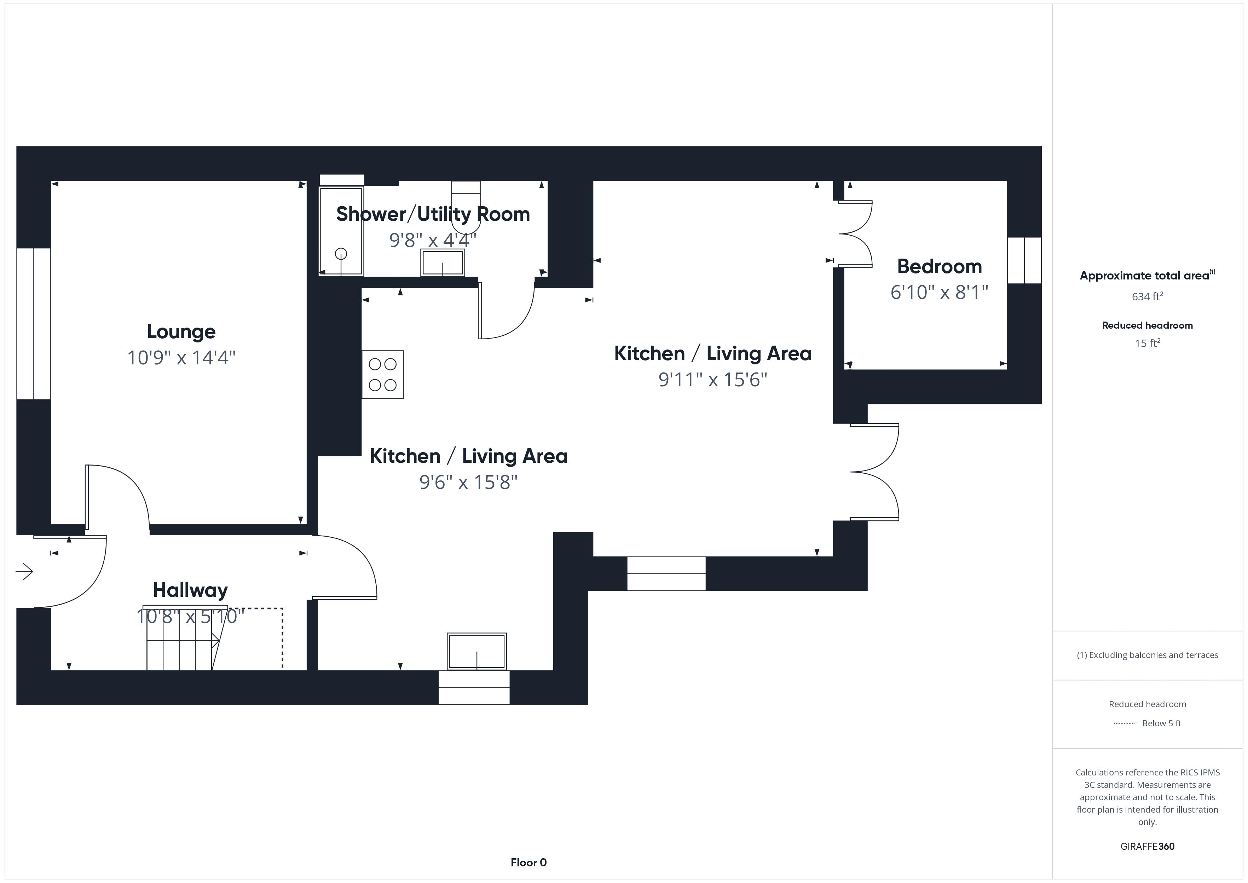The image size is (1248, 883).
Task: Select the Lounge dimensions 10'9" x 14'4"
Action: pyautogui.click(x=181, y=358)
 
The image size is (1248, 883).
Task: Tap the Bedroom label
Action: pyautogui.click(x=939, y=266)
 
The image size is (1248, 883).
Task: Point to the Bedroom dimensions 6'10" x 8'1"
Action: pyautogui.click(x=939, y=293)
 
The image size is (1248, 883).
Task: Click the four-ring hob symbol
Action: pyautogui.click(x=383, y=375)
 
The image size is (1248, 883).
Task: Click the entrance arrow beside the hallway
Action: pyautogui.click(x=24, y=571)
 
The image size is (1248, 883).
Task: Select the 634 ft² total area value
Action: pyautogui.click(x=1147, y=296)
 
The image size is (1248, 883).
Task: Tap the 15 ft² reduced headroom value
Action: pyautogui.click(x=1147, y=343)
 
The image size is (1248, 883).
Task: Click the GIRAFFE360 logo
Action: pyautogui.click(x=1147, y=847)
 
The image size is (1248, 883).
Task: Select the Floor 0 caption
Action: pyautogui.click(x=528, y=862)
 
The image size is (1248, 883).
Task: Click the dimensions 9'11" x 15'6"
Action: pyautogui.click(x=712, y=380)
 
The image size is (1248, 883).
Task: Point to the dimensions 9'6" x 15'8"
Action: pyautogui.click(x=468, y=482)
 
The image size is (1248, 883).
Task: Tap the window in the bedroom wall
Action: pyautogui.click(x=1024, y=260)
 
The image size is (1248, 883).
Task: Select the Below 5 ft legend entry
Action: pyautogui.click(x=1161, y=723)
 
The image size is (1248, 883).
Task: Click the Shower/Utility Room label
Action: pyautogui.click(x=433, y=214)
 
